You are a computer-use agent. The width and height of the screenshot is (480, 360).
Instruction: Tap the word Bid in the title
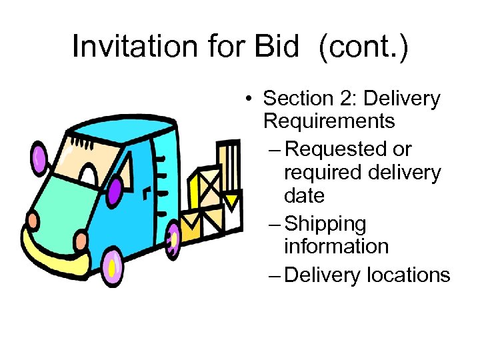[279, 46]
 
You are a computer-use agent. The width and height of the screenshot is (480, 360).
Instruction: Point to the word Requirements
[329, 122]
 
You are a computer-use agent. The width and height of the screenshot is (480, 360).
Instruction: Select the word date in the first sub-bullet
[304, 197]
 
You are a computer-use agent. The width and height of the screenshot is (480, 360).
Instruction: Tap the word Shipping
[325, 224]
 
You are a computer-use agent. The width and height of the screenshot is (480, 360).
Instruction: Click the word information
[336, 246]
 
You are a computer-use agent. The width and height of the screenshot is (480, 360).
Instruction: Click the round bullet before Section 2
[247, 100]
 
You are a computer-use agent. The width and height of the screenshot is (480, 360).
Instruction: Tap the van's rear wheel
[173, 238]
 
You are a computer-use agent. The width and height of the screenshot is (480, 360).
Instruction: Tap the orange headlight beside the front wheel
[81, 241]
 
